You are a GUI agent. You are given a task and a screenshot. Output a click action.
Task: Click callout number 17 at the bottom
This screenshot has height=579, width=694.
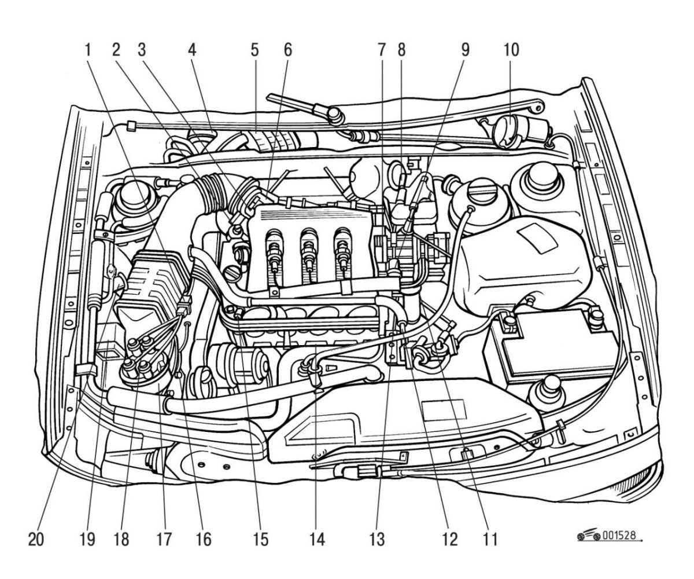pyautogui.click(x=164, y=539)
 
